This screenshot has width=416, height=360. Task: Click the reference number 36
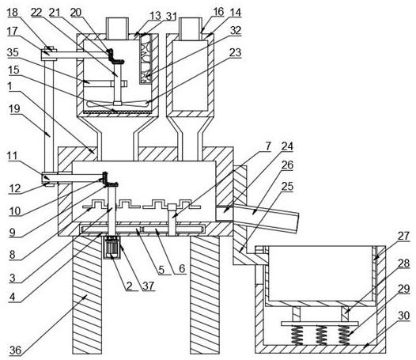point(15,351)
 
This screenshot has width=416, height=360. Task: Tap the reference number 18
point(12,12)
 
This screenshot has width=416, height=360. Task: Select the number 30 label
point(404,316)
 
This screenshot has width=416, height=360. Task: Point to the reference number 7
point(268,146)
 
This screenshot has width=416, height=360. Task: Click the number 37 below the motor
point(149,286)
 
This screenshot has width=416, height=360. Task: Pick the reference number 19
point(14,108)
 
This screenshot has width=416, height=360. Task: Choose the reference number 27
point(403,236)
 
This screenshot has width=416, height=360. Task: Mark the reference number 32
point(236,30)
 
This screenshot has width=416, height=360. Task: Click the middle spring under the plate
point(321,335)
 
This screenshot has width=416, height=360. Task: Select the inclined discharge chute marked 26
point(266,218)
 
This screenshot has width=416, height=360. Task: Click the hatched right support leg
point(205,295)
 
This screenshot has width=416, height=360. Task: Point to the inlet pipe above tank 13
point(117,28)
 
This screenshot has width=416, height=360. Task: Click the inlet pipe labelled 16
point(191,28)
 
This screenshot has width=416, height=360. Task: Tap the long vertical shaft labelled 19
point(49,117)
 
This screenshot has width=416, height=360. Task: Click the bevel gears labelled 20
point(115,56)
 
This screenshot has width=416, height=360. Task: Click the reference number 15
point(13,70)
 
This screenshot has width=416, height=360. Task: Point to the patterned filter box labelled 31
point(146,59)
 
